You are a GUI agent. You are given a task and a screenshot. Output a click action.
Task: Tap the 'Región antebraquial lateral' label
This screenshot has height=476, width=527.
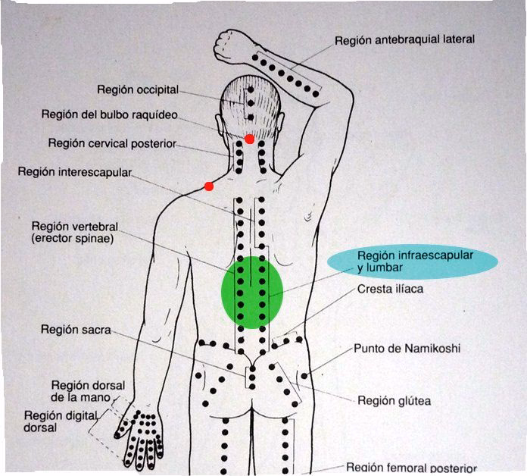click(x=404, y=39)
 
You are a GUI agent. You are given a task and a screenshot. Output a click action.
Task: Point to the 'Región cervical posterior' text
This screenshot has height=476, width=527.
click(x=111, y=142)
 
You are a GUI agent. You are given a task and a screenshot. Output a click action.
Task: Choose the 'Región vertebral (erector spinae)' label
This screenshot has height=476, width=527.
click(x=75, y=232)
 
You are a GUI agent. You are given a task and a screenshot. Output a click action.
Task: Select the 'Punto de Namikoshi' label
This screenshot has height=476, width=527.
click(x=407, y=349)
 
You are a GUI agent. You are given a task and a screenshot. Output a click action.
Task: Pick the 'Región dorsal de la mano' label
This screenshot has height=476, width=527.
click(x=88, y=390)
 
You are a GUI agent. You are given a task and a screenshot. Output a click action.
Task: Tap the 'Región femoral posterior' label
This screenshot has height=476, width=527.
click(x=410, y=468)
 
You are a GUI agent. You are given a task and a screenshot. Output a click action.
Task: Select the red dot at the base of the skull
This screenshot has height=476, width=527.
click(x=249, y=139)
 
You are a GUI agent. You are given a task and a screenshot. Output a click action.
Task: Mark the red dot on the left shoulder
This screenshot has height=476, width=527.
click(x=209, y=186)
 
